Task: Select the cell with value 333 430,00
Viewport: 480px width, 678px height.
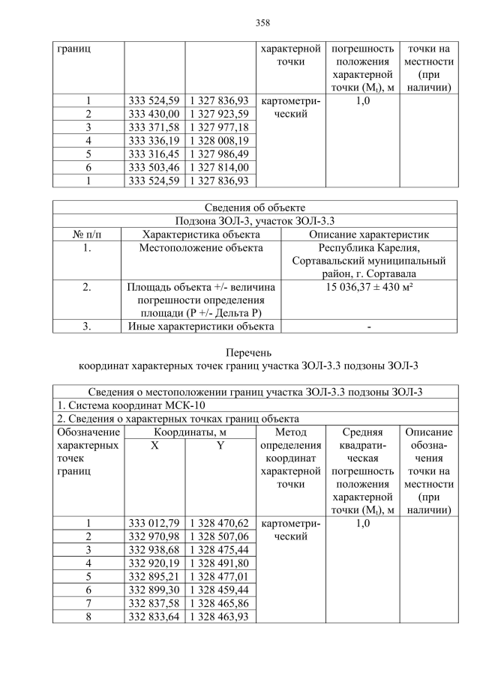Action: (154, 114)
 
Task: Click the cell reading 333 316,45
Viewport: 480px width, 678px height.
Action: (154, 154)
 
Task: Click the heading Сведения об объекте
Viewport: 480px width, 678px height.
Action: (254, 208)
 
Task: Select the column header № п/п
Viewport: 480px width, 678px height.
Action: (87, 234)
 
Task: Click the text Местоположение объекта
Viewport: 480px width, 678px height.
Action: (200, 248)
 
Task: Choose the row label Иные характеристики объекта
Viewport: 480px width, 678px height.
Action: (200, 326)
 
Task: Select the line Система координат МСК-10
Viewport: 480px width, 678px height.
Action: (124, 405)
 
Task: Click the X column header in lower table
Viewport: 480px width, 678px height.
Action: (154, 446)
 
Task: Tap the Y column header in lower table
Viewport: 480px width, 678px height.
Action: (220, 446)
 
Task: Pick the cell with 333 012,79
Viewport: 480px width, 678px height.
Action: (154, 524)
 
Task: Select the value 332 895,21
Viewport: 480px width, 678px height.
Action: (154, 577)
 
